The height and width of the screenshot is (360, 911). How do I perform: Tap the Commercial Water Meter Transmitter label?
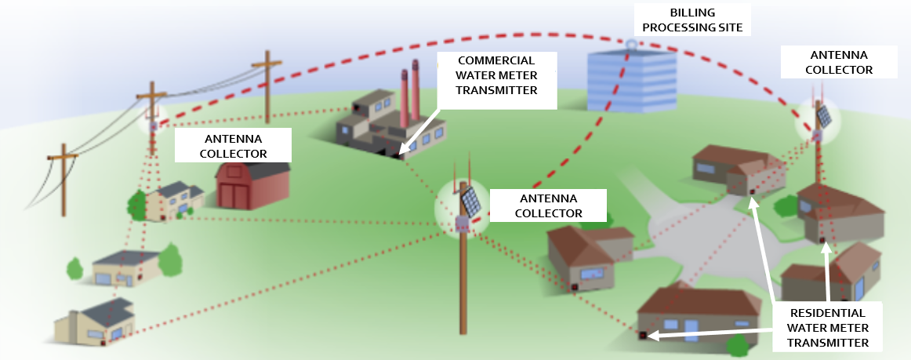coord(496,75)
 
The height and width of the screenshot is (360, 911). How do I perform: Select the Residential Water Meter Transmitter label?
coord(827,326)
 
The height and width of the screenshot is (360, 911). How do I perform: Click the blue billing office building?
coord(632,79)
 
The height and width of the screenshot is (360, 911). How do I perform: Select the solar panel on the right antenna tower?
coord(824,116)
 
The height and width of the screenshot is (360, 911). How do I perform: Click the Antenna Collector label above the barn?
coord(233,145)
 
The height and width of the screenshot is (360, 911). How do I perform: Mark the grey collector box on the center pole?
coord(462,224)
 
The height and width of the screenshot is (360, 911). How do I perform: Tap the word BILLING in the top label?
coord(690,13)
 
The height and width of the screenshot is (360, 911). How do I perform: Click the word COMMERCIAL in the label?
coord(496,60)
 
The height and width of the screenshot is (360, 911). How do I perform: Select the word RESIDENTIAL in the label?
coord(827,311)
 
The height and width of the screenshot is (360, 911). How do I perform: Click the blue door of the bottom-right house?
coord(691,329)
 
